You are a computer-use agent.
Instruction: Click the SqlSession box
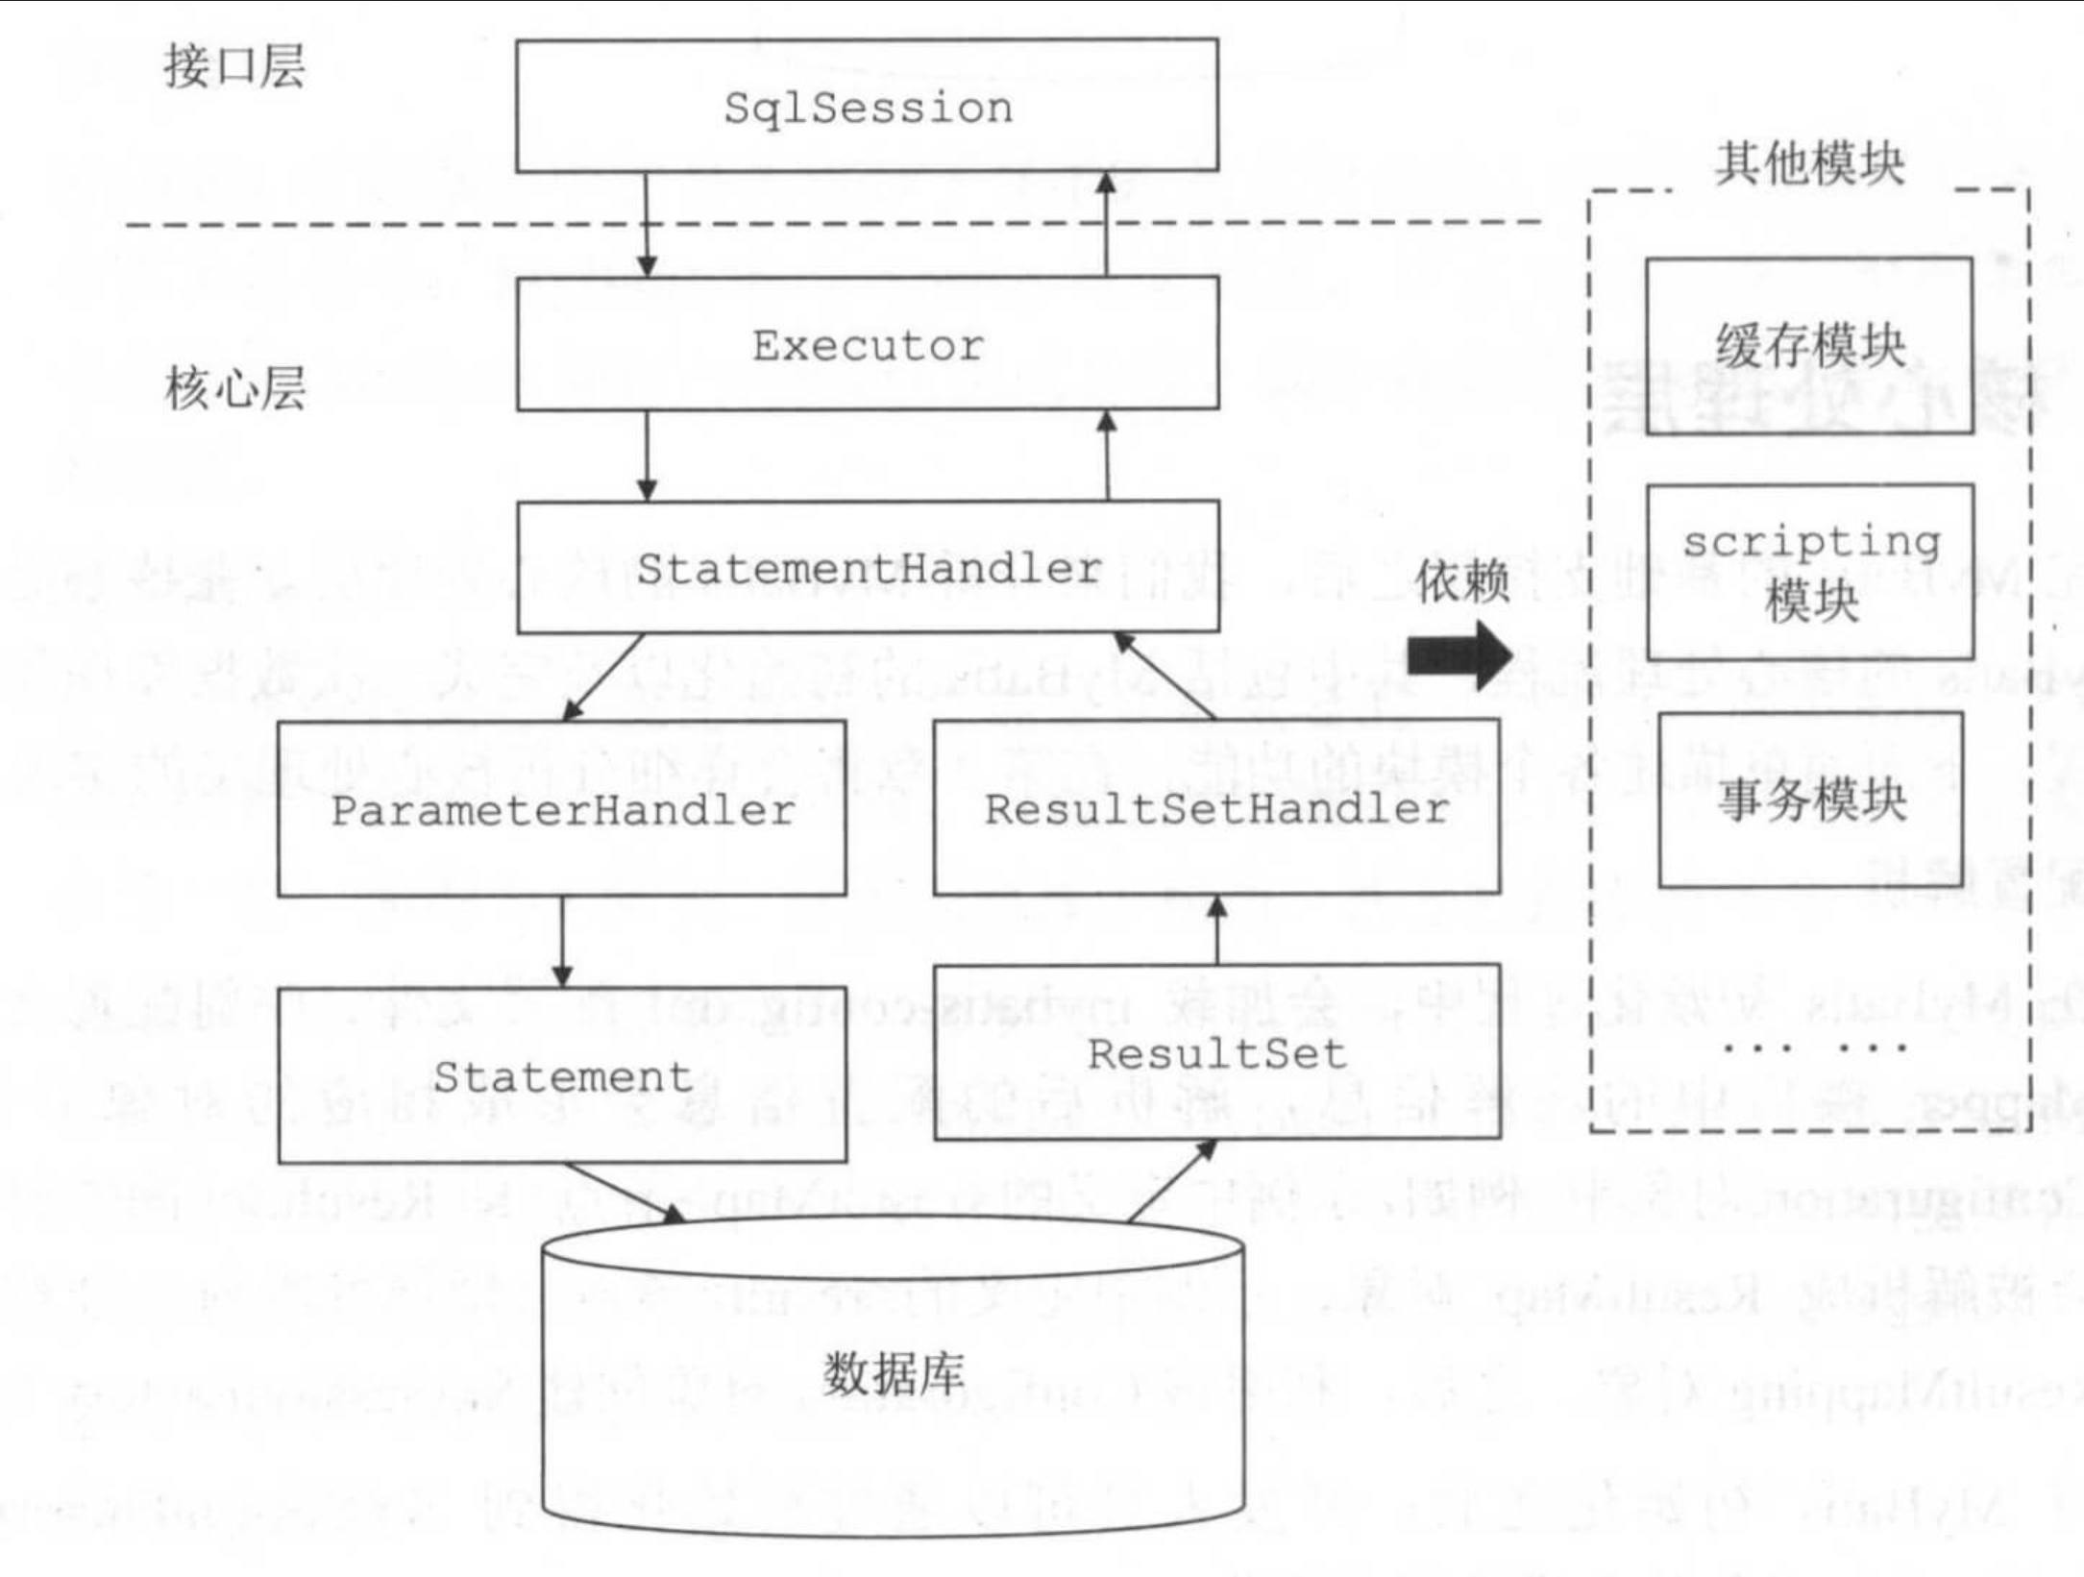pyautogui.click(x=867, y=106)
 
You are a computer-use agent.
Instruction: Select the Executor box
pyautogui.click(x=867, y=344)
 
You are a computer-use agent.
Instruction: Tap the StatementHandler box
pyautogui.click(x=867, y=567)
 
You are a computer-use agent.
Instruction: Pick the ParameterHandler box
pyautogui.click(x=562, y=809)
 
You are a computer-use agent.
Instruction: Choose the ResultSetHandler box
pyautogui.click(x=1216, y=807)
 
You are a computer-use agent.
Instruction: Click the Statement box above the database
pyautogui.click(x=562, y=1075)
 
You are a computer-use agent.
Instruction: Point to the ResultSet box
pyautogui.click(x=1216, y=1053)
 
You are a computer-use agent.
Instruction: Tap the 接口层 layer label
pyautogui.click(x=234, y=66)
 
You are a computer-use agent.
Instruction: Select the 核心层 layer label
pyautogui.click(x=234, y=388)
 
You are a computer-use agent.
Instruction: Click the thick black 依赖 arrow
pyautogui.click(x=1459, y=655)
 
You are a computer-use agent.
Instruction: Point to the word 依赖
pyautogui.click(x=1461, y=582)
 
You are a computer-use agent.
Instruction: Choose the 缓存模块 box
pyautogui.click(x=1809, y=346)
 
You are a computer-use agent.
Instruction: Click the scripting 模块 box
pyautogui.click(x=1810, y=572)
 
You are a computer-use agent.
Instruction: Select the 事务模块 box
pyautogui.click(x=1810, y=800)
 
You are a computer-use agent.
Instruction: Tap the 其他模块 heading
pyautogui.click(x=1810, y=163)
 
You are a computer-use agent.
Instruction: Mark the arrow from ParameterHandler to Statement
pyautogui.click(x=562, y=942)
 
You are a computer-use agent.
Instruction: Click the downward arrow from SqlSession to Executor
pyautogui.click(x=647, y=225)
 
